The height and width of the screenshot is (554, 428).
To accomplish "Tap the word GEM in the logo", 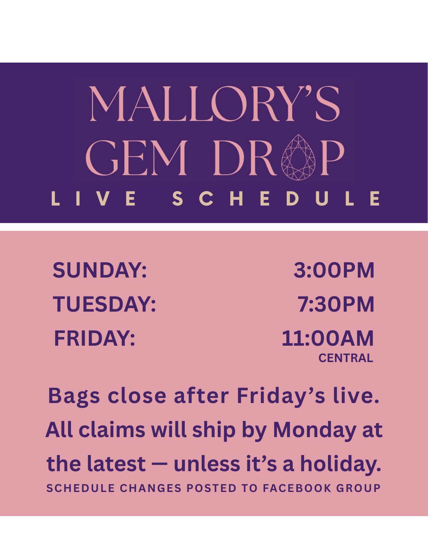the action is coord(137,158).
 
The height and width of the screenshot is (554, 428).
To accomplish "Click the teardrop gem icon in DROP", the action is coord(298,157).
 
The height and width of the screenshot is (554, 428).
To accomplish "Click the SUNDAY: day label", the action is coord(100,270).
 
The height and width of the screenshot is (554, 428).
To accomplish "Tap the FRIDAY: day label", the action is coord(94,338).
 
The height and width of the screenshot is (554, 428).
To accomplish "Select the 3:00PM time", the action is coord(334,270).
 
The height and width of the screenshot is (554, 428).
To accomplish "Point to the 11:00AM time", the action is coord(328,338).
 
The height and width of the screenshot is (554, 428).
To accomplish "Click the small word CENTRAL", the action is coord(346,358).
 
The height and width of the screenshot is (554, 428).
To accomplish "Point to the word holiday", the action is coord(341,465).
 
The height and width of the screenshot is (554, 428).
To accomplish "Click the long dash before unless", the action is coord(159,465).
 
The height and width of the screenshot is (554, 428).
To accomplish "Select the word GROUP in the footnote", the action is coord(358,488).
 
